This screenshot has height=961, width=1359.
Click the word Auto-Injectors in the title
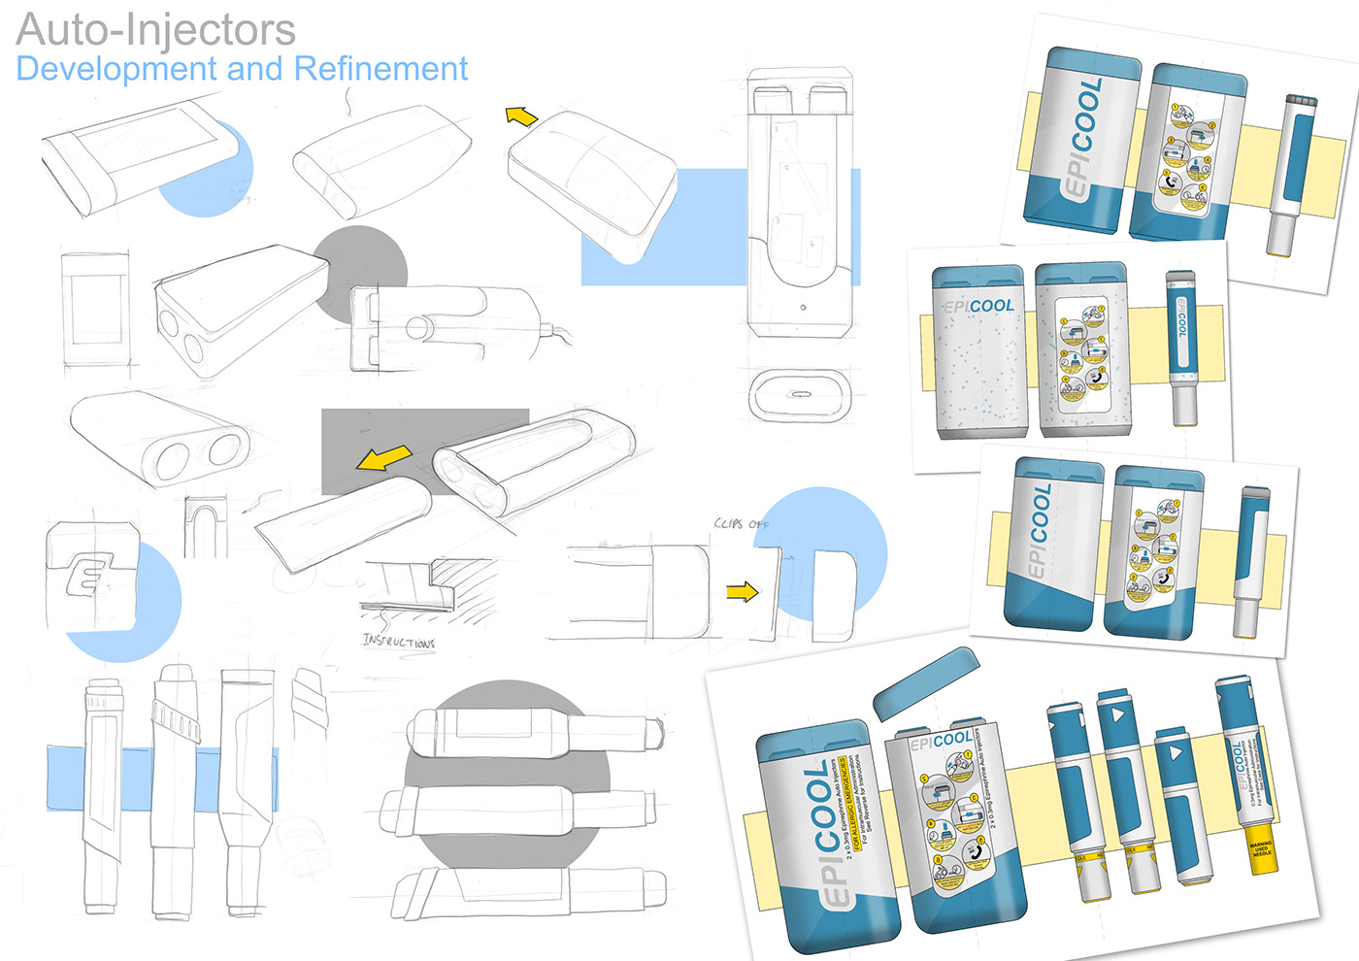pos(156,29)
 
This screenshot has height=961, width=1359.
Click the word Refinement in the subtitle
pos(381,69)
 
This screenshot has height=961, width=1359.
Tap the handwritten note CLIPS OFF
pos(742,523)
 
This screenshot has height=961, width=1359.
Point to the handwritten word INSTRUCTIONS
pos(398,641)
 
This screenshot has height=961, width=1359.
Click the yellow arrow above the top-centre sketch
pos(521,117)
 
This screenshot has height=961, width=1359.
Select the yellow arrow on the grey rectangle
pos(383,458)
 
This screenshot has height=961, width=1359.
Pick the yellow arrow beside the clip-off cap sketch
pos(742,591)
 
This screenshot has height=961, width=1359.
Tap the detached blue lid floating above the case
pos(925,682)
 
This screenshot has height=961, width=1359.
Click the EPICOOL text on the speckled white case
pos(978,306)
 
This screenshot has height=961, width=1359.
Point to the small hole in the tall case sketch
pos(803,308)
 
